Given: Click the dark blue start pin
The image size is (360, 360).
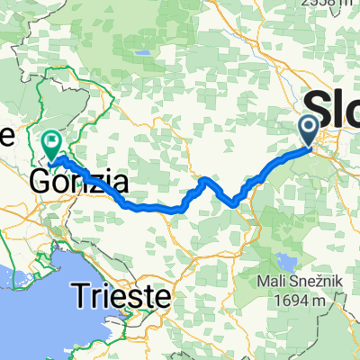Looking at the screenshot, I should pos(309,130).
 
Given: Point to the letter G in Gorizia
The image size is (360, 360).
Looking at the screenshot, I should pos(41,183).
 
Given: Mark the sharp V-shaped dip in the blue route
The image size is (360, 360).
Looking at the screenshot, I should pos(236,202).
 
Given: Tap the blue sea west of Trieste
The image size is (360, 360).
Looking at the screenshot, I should pos(27,306).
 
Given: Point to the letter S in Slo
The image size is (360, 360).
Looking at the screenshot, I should pos(318,103).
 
